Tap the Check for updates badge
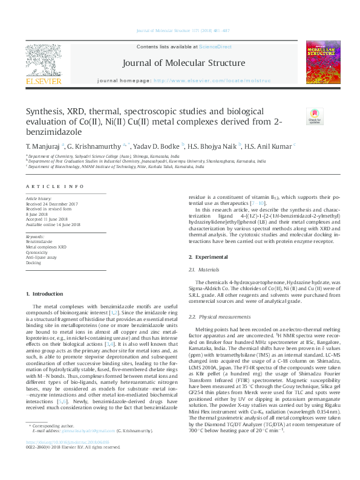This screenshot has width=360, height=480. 314,117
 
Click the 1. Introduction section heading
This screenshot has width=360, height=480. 45,294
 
